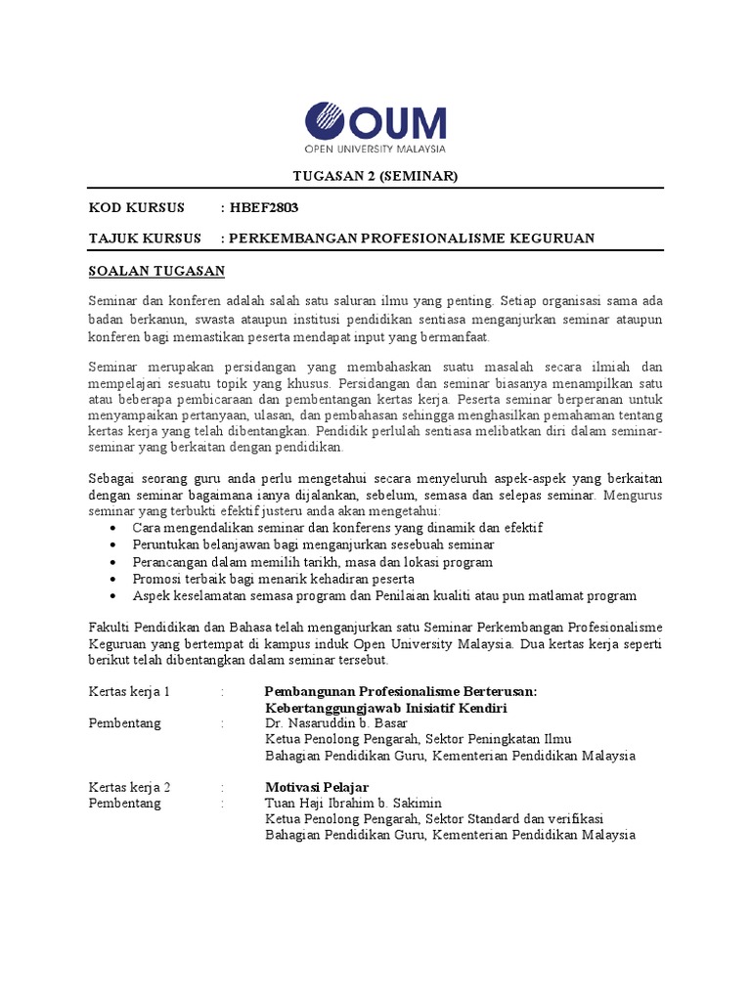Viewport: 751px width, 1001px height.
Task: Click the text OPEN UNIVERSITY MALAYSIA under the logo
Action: [x=375, y=150]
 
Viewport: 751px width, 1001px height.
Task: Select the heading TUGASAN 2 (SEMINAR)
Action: [x=375, y=176]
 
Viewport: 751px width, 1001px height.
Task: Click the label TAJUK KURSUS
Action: [x=145, y=239]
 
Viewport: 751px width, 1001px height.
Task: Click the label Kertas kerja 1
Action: [x=130, y=691]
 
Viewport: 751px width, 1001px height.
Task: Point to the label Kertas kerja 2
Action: [x=130, y=787]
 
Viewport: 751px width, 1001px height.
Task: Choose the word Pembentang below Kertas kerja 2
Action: [x=125, y=804]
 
